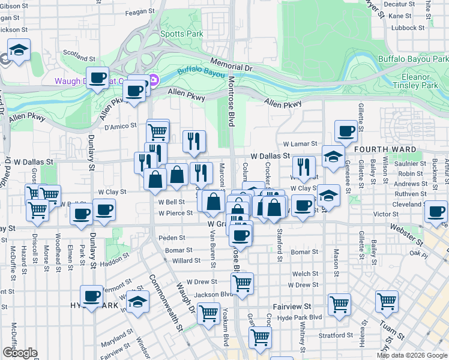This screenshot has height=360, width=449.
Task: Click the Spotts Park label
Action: coord(186,34)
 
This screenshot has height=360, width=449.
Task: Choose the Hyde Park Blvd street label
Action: coord(302,316)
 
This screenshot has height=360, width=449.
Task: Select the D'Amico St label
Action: coord(121,127)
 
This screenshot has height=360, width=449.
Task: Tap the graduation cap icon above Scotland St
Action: coord(19,50)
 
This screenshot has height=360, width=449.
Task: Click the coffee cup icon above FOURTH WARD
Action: coord(345,131)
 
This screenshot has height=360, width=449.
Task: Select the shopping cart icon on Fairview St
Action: coord(339,304)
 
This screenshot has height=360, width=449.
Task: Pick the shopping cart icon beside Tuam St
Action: coord(387,300)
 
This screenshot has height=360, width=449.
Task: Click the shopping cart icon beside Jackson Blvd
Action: coord(242,283)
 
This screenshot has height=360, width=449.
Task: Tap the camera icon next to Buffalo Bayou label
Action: coord(154,80)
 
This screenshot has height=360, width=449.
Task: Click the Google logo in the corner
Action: coord(20,353)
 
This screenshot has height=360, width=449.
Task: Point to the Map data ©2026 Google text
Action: coord(412,355)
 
